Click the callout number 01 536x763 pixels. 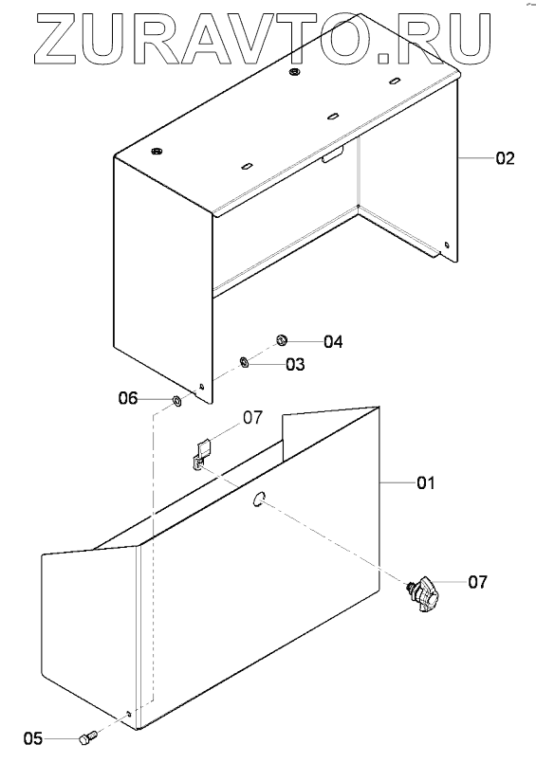click(x=426, y=483)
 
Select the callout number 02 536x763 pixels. click(x=505, y=158)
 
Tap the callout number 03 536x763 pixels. click(x=295, y=364)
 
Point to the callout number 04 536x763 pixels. click(x=334, y=341)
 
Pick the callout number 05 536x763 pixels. click(x=33, y=738)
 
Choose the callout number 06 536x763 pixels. click(x=128, y=398)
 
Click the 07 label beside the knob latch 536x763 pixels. click(x=477, y=582)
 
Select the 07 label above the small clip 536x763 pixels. click(x=252, y=417)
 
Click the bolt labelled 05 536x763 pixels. click(x=86, y=737)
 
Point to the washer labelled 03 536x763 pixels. click(x=245, y=362)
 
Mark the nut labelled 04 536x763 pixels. click(x=281, y=340)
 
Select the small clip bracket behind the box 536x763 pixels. click(x=202, y=453)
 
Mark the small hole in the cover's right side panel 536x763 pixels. click(x=447, y=245)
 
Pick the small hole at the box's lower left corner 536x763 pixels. click(x=129, y=714)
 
